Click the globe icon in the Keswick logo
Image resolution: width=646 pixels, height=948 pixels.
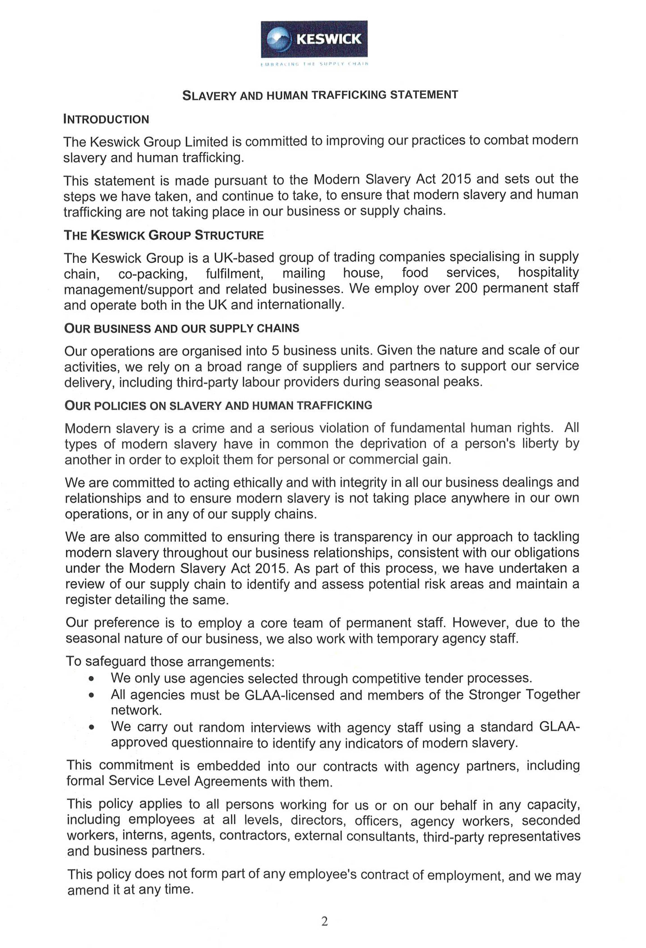278,39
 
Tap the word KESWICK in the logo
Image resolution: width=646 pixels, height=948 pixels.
329,39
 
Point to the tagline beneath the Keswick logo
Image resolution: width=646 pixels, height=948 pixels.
314,64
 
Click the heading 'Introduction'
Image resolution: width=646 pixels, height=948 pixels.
106,120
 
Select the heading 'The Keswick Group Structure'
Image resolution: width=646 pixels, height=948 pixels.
164,235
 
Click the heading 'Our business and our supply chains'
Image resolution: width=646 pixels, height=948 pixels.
182,328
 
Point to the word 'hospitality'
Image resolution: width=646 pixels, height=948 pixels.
548,272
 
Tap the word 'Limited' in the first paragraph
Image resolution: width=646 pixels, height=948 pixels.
206,142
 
